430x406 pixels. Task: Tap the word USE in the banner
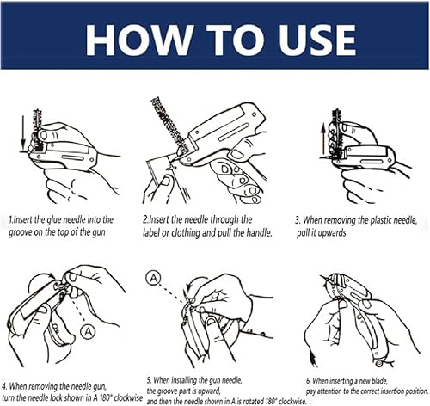317,40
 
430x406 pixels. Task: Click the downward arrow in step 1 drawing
23,132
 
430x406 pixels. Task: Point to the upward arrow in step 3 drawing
323,140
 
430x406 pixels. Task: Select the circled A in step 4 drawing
88,332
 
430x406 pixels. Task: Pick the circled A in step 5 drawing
153,278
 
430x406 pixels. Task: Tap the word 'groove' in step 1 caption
20,232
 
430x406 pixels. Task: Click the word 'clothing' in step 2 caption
185,233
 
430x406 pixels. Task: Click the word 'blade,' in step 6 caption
379,381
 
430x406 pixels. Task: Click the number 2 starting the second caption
145,220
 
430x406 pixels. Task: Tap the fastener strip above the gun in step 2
169,123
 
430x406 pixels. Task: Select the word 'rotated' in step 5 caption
252,401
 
